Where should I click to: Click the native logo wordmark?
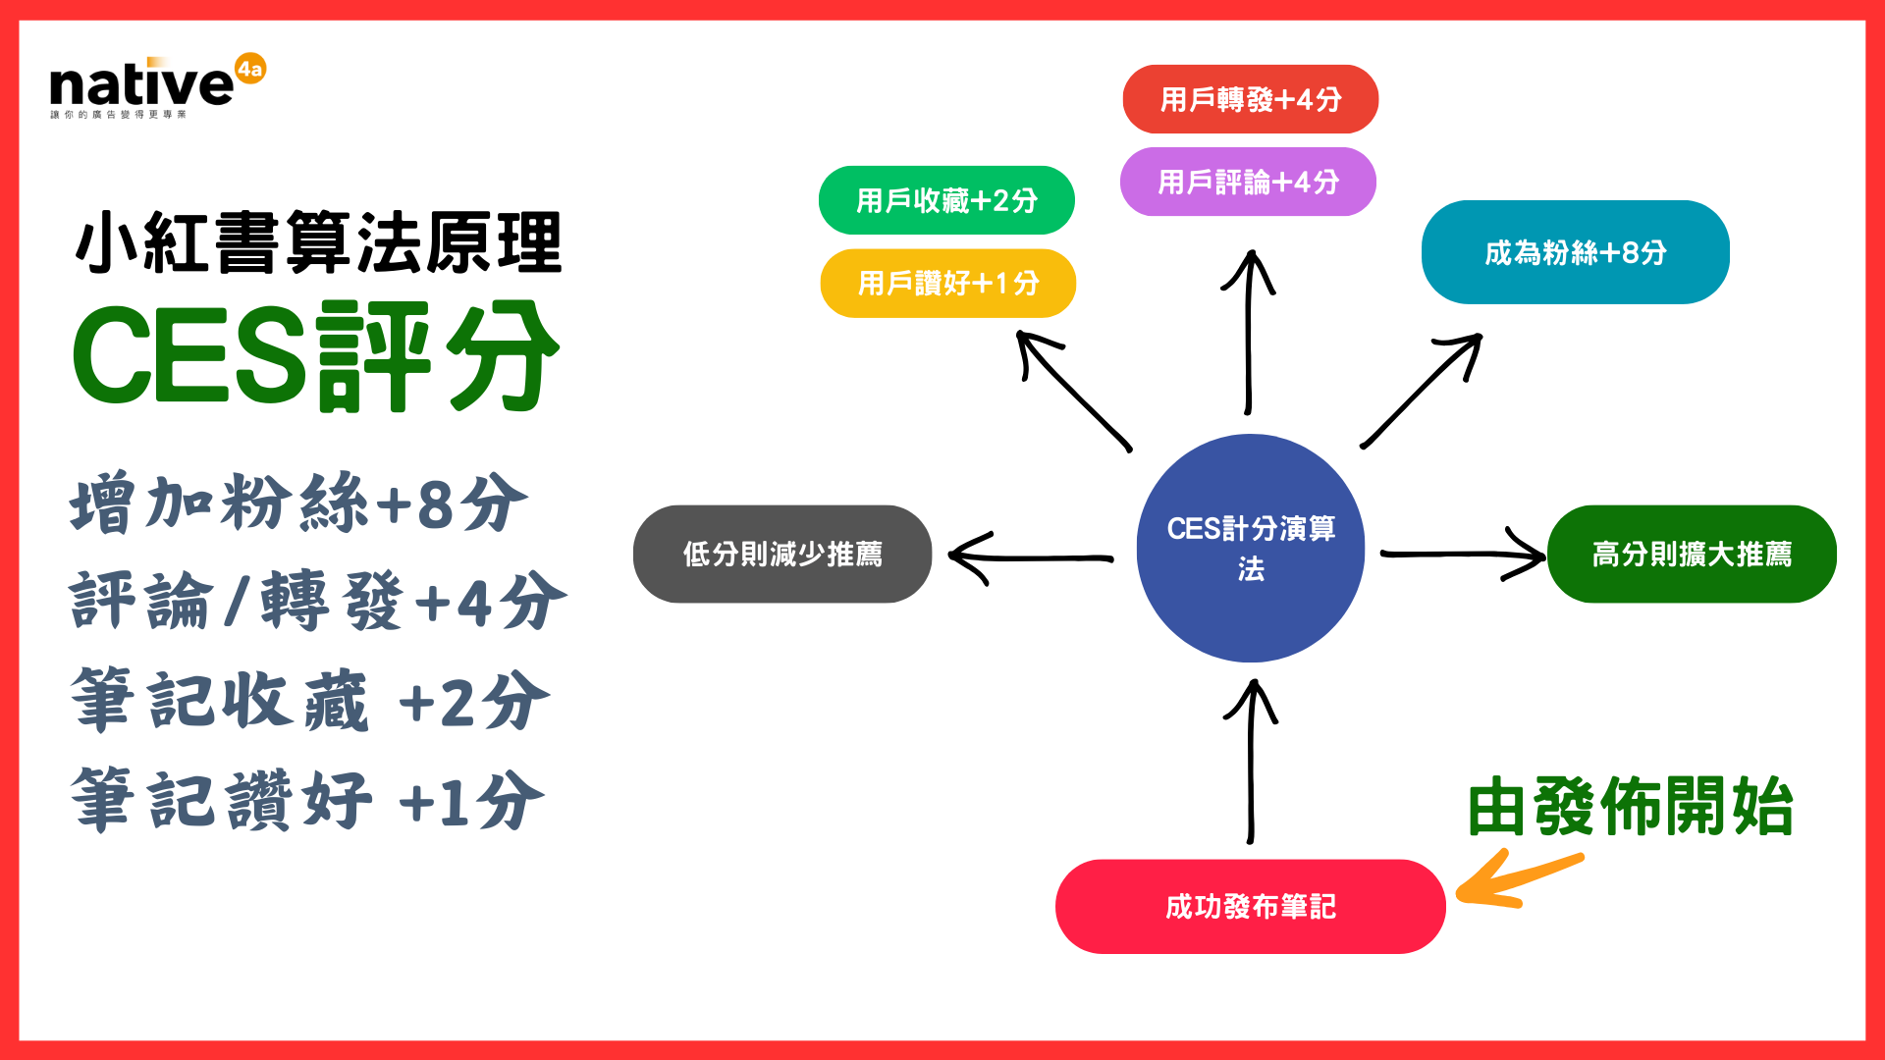click(140, 85)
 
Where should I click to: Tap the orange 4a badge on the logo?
click(250, 69)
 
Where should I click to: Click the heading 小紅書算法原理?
click(318, 243)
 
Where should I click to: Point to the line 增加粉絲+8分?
click(298, 503)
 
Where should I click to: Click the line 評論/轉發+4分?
click(317, 601)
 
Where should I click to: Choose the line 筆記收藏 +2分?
click(309, 701)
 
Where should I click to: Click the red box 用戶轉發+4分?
click(1250, 99)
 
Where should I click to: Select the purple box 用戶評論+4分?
click(1248, 182)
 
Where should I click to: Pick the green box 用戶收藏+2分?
click(946, 200)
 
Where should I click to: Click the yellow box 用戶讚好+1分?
click(947, 283)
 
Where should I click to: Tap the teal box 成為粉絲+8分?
click(1575, 252)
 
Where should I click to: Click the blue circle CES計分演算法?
click(1250, 548)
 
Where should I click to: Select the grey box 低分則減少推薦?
click(782, 554)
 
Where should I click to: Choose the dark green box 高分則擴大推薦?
click(1691, 554)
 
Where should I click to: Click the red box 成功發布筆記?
click(1250, 906)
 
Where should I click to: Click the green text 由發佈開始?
click(1630, 807)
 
